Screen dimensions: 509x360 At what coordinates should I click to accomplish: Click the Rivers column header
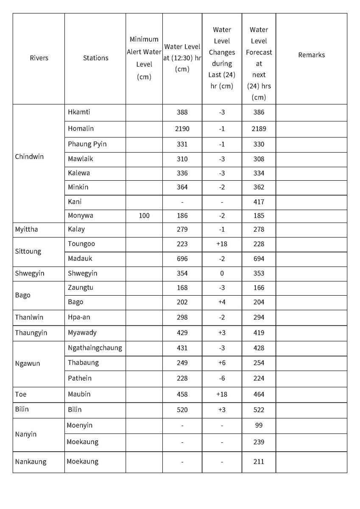tap(39, 58)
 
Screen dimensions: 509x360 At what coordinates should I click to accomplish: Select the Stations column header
tap(95, 58)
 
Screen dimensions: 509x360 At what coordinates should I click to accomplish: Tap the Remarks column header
tap(311, 55)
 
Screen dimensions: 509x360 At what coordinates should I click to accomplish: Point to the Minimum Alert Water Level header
tap(144, 58)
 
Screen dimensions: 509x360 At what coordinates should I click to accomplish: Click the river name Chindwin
tap(29, 157)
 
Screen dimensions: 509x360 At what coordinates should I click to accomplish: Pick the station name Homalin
tap(81, 129)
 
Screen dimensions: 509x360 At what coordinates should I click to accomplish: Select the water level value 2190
tap(182, 129)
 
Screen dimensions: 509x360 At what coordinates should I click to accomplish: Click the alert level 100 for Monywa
tap(144, 215)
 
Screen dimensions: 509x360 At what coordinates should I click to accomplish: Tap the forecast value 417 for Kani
tap(259, 201)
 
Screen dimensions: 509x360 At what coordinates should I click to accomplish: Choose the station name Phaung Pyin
tap(87, 144)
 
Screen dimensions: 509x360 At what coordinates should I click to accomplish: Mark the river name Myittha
tap(26, 229)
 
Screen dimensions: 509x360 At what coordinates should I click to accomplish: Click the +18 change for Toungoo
tap(222, 244)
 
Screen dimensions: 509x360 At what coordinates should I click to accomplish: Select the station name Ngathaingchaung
tap(95, 348)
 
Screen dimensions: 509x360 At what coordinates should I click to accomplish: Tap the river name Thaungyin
tap(31, 333)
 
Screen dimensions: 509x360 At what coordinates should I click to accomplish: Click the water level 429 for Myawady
tap(182, 333)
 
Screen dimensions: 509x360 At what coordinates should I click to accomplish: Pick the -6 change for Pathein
tap(222, 378)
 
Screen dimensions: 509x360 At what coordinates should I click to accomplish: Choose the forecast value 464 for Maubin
tap(259, 394)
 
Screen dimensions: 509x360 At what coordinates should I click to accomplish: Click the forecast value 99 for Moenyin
tap(259, 425)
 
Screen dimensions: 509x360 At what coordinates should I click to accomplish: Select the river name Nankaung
tap(31, 461)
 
